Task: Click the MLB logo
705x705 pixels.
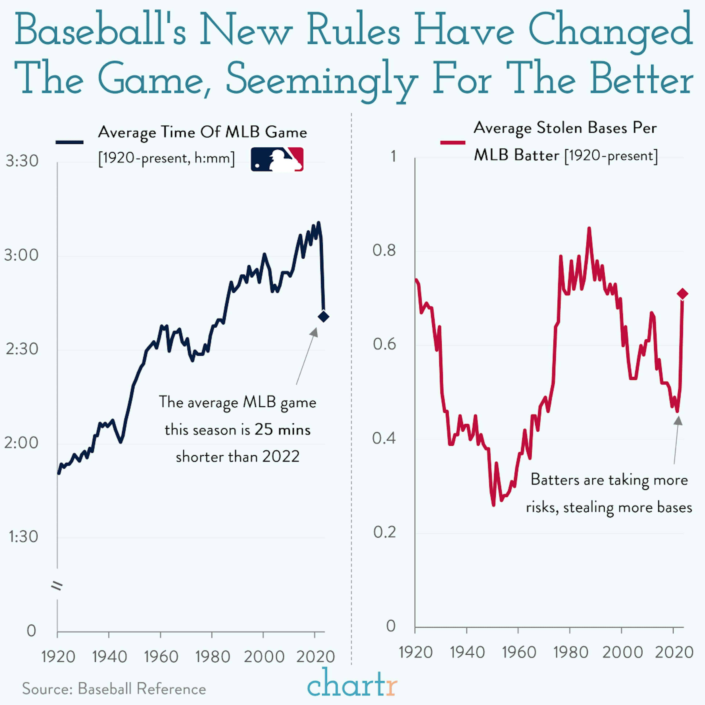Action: tap(277, 160)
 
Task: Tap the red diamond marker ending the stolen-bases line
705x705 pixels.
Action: tap(682, 294)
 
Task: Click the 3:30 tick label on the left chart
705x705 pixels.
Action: tap(22, 161)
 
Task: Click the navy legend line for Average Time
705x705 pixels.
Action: tap(69, 142)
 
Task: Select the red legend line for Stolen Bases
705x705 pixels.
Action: tap(453, 142)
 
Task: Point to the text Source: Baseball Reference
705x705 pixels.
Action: tap(114, 689)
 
